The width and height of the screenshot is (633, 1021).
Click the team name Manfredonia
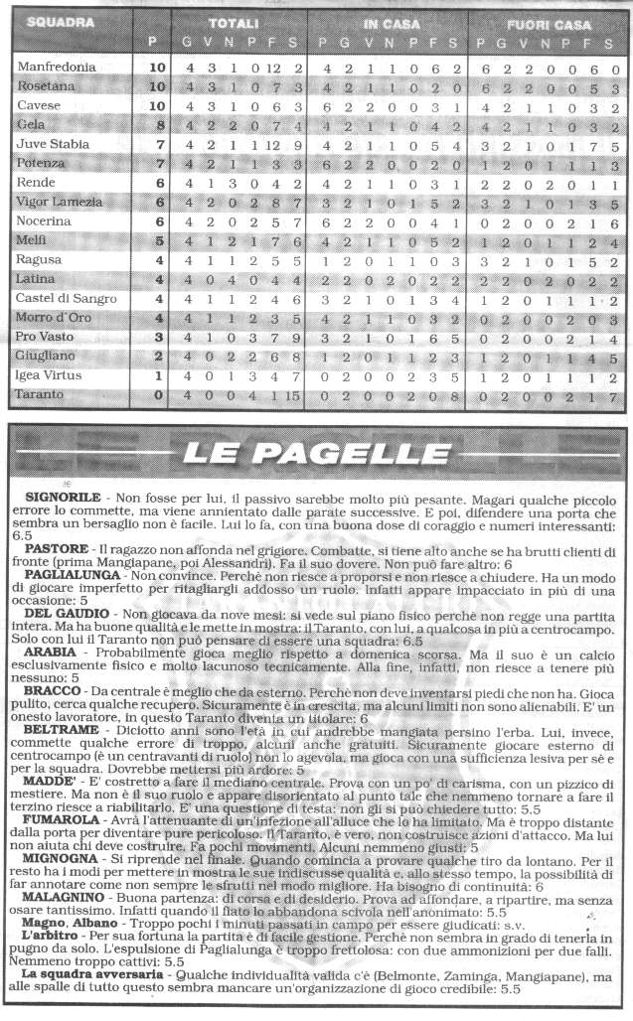[57, 67]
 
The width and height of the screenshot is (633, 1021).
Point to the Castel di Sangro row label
[61, 299]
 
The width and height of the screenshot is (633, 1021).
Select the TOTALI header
[235, 23]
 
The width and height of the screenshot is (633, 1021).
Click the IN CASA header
[390, 23]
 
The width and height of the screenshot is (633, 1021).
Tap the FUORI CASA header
[549, 23]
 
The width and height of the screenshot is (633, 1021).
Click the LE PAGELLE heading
[317, 455]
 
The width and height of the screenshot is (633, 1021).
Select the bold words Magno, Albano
[69, 930]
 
